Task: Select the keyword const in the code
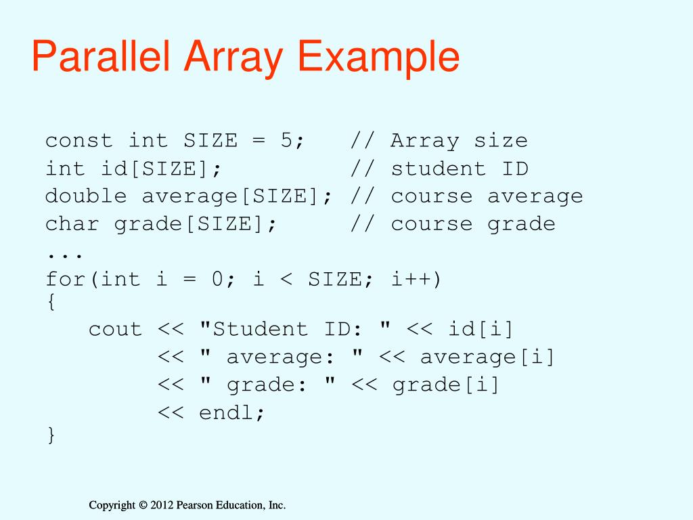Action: pyautogui.click(x=79, y=141)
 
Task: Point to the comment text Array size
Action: pyautogui.click(x=459, y=141)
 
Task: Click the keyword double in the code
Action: pyautogui.click(x=86, y=196)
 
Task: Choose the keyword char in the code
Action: pyautogui.click(x=72, y=224)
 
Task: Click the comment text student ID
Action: pyautogui.click(x=459, y=169)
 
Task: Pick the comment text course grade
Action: pyautogui.click(x=472, y=224)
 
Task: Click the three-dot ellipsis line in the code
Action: pyautogui.click(x=65, y=253)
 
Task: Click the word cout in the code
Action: pyautogui.click(x=116, y=329)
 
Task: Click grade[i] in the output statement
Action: pyautogui.click(x=445, y=385)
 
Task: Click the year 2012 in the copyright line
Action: pyautogui.click(x=162, y=505)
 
